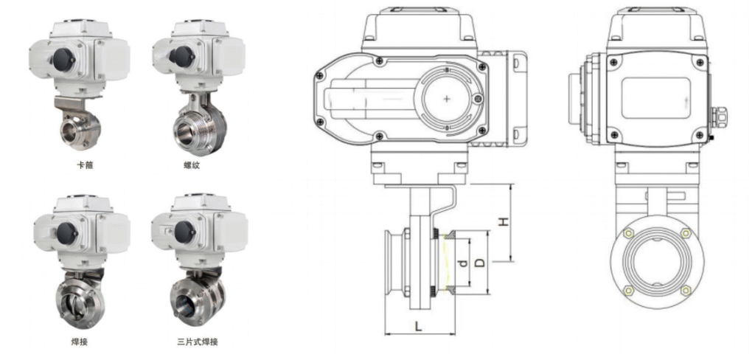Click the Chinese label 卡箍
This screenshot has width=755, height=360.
click(86, 165)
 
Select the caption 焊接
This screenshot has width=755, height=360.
click(80, 342)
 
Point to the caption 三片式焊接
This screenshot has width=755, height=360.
click(198, 342)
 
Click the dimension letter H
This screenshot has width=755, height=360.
click(503, 221)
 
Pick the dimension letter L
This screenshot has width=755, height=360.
click(419, 326)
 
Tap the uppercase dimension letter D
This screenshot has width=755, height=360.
click(479, 263)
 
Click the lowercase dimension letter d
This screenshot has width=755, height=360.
click(462, 263)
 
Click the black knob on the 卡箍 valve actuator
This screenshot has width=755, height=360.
click(63, 59)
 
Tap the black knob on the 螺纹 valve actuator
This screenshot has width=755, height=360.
click(182, 57)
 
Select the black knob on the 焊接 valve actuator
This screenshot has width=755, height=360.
click(67, 233)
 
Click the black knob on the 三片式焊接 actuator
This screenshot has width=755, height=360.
click(184, 232)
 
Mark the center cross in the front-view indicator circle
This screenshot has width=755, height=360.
click(448, 100)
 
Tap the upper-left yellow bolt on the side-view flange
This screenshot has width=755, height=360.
click(628, 234)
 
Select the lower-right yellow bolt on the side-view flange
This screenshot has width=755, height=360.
click(686, 290)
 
